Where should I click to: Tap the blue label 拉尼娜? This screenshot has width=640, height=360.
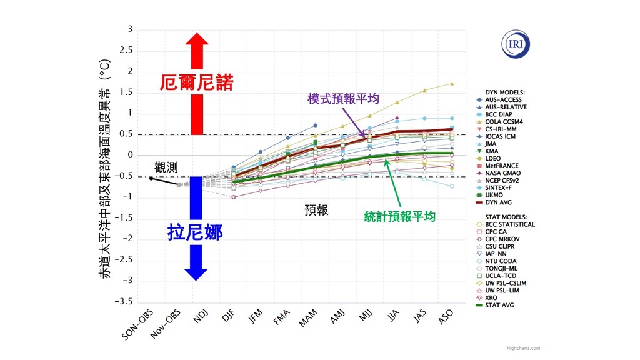click(196, 232)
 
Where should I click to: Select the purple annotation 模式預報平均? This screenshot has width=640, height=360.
click(343, 98)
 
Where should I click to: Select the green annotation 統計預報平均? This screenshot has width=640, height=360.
click(400, 216)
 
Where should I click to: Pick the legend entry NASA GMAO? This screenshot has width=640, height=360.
click(503, 172)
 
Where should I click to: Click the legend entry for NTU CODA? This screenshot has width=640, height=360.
click(503, 261)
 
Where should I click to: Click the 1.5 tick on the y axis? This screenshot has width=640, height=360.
click(127, 92)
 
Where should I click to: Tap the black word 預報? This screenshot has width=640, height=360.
click(317, 210)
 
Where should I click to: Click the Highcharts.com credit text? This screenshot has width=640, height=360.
click(524, 348)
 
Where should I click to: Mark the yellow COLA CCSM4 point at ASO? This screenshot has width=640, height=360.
click(452, 83)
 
